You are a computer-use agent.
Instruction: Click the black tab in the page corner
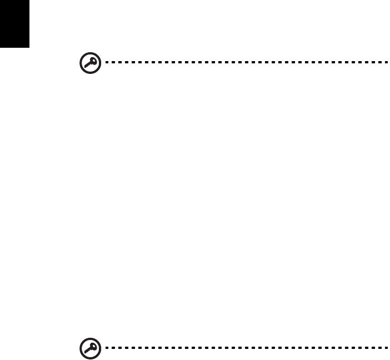pyautogui.click(x=14, y=24)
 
